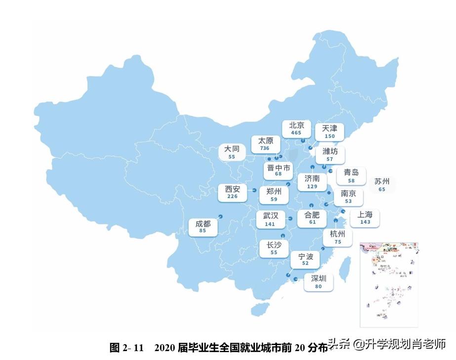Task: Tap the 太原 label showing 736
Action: pyautogui.click(x=265, y=144)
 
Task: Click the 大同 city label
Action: pyautogui.click(x=232, y=152)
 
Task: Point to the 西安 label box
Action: pyautogui.click(x=232, y=192)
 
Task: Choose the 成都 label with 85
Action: pyautogui.click(x=203, y=227)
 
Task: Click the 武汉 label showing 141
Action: pyautogui.click(x=270, y=219)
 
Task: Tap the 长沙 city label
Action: pyautogui.click(x=274, y=248)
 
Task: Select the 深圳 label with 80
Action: pyautogui.click(x=319, y=281)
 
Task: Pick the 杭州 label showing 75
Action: pyautogui.click(x=337, y=238)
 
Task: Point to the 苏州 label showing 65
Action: pyautogui.click(x=382, y=185)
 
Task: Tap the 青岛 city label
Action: pyautogui.click(x=351, y=176)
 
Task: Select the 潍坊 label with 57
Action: pyautogui.click(x=330, y=155)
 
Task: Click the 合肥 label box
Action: pyautogui.click(x=312, y=218)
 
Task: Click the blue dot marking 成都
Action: pyautogui.click(x=220, y=216)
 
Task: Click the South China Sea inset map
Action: pyautogui.click(x=389, y=284)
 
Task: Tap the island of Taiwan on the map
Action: pyautogui.click(x=347, y=267)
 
